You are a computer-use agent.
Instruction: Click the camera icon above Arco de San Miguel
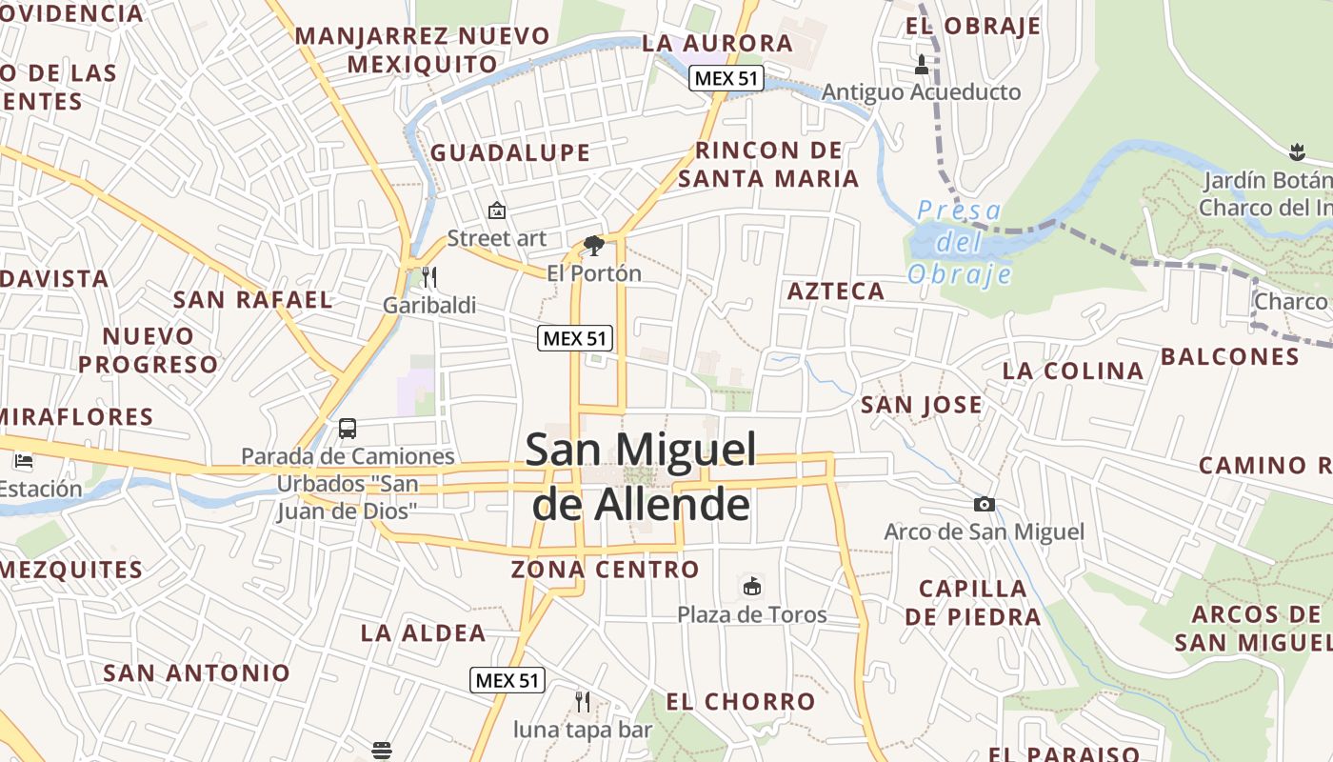(x=984, y=504)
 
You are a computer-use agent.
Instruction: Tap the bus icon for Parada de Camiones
(x=348, y=429)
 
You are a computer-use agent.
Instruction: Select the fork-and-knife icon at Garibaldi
(x=429, y=277)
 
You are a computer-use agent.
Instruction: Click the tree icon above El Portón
(x=594, y=246)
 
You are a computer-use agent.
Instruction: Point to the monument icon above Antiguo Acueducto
(x=921, y=65)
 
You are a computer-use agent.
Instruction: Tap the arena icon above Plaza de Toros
(x=752, y=585)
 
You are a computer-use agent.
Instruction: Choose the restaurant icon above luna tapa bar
(x=583, y=702)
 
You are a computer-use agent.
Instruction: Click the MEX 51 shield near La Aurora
(x=726, y=78)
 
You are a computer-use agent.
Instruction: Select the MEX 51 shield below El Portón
(x=574, y=337)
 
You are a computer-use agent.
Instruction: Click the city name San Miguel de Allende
(x=641, y=476)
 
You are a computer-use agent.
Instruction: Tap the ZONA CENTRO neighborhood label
(x=606, y=570)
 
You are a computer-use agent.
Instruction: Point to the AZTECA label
(x=836, y=291)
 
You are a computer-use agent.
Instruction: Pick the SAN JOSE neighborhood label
(x=922, y=405)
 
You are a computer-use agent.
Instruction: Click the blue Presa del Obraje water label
(x=959, y=242)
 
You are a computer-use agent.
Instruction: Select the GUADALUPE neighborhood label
(x=510, y=152)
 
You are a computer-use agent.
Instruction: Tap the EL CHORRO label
(x=741, y=702)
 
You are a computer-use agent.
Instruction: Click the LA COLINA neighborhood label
(x=1073, y=371)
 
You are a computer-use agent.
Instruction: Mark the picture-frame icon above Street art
(x=496, y=211)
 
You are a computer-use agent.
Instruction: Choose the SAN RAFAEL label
(x=253, y=299)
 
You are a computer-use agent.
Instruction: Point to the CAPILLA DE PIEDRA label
(x=973, y=602)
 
